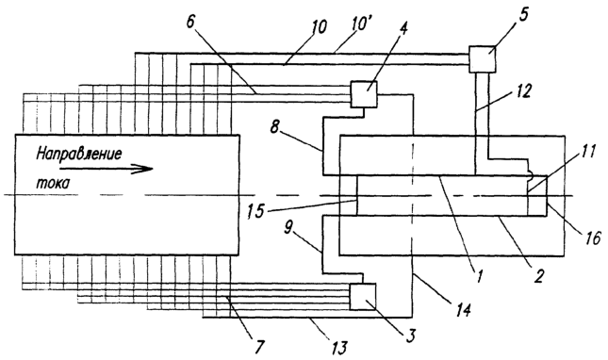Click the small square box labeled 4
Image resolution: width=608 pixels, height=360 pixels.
tap(363, 94)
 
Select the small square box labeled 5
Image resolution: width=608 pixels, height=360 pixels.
tap(483, 59)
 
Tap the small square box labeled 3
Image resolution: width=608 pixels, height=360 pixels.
tap(363, 297)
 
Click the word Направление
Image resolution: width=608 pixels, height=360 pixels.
tap(79, 155)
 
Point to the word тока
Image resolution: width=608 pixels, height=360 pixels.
tap(53, 182)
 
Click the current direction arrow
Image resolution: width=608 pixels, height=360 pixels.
tap(107, 169)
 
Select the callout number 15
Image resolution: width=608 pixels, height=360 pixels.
tap(255, 211)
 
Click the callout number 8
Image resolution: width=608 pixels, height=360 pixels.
tap(275, 127)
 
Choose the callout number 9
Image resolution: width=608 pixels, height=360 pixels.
tap(288, 227)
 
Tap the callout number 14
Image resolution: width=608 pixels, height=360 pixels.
tap(463, 309)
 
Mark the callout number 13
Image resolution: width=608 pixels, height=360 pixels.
tap(338, 347)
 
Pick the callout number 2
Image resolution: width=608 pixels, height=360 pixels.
tap(538, 275)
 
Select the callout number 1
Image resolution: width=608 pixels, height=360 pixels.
tap(479, 276)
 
